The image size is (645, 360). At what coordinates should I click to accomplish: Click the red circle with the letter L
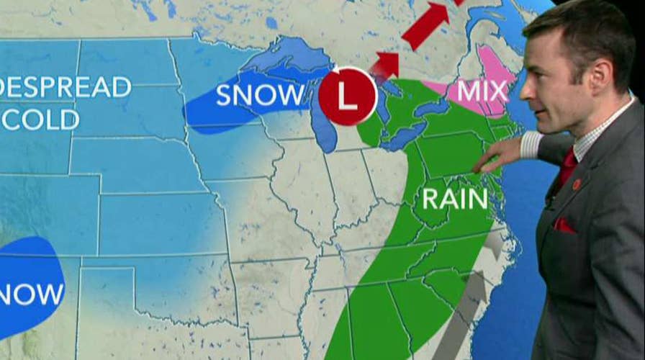pos(348,96)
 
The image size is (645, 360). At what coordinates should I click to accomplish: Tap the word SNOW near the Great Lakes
pos(261,95)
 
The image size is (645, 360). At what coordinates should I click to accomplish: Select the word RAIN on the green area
pos(455,199)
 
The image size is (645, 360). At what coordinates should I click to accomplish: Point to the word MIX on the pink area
pos(482,91)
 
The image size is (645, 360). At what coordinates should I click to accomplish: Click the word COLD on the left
pos(40,119)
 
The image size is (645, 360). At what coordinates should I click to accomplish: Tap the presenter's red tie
pos(567,167)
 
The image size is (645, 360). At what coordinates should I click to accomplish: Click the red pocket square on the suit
pos(564,225)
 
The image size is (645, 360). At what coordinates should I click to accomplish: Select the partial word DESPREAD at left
pos(65,87)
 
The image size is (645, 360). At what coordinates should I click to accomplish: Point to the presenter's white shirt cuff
pos(531,144)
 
